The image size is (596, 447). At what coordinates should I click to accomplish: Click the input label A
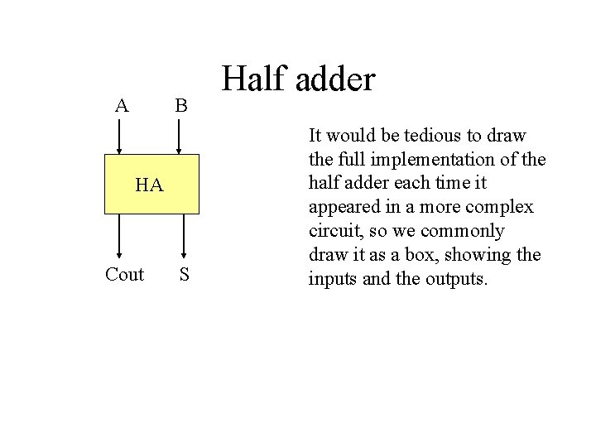point(122,106)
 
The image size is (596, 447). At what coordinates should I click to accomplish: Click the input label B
point(180,106)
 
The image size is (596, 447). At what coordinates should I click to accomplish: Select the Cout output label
point(124,275)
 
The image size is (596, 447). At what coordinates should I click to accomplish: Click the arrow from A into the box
point(120,137)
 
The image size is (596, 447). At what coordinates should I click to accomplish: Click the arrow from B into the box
point(180,137)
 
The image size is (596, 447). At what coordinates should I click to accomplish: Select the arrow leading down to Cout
point(121,237)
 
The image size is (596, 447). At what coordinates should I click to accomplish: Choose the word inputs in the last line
point(332,278)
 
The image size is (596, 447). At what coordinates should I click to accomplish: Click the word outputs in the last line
point(457,278)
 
